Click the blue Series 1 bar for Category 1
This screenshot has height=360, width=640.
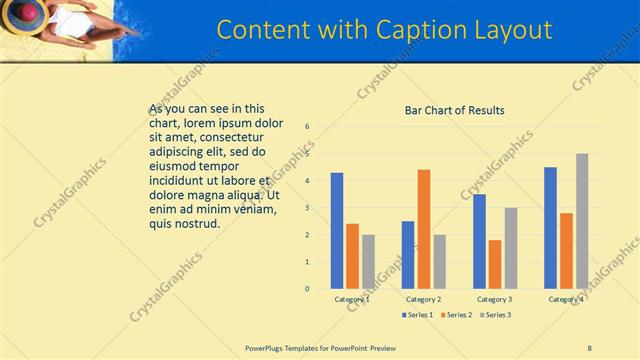point(337,231)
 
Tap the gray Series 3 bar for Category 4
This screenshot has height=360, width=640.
point(582,221)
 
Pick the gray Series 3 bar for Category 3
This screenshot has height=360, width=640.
point(511,248)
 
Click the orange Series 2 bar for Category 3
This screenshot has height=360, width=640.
point(495,264)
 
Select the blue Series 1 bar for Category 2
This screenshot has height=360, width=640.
point(408,255)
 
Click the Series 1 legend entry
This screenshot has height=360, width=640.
point(417,315)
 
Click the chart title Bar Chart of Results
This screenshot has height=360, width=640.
point(454,110)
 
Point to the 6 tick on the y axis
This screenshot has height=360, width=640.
point(308,127)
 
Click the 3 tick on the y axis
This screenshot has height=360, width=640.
point(308,208)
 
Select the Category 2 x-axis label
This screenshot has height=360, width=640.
point(424,299)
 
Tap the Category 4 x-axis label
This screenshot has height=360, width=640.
point(566,299)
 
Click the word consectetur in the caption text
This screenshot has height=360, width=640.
point(232,136)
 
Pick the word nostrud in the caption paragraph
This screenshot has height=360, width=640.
point(196,224)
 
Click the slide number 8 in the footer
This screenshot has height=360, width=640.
point(589,347)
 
